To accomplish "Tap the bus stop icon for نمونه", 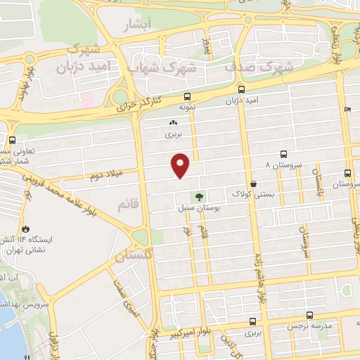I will coord(187,97).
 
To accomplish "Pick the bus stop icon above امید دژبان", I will coord(241,90).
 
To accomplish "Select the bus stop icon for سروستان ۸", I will coord(283,154).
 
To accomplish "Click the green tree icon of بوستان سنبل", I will coord(198,198).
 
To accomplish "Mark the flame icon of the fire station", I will coord(25,229).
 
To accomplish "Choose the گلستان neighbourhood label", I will coord(134,257).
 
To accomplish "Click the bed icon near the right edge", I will coord(349,110).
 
